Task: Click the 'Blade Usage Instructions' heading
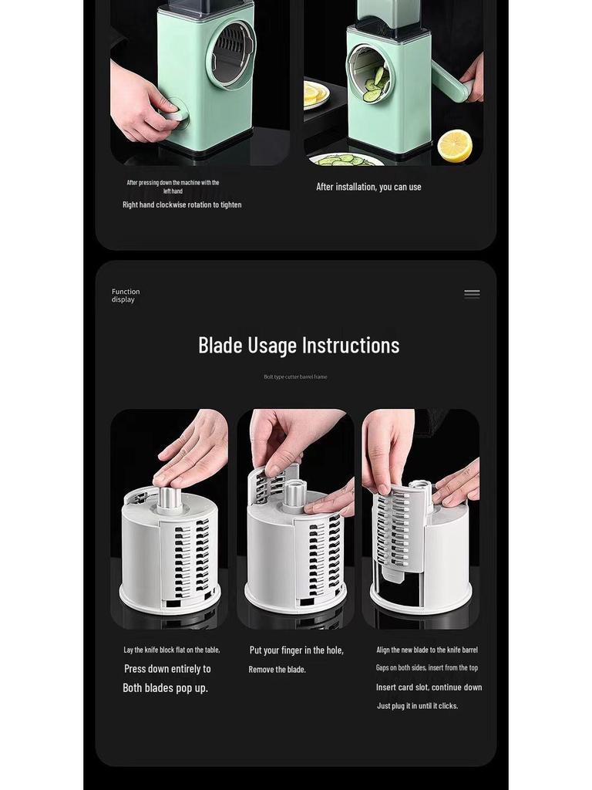[x=298, y=345]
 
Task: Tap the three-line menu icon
[x=472, y=294]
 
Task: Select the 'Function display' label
[x=125, y=295]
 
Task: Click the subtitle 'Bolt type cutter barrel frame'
[x=295, y=376]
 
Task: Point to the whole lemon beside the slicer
[x=455, y=145]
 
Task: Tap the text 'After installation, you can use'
[x=368, y=187]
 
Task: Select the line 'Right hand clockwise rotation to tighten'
[x=182, y=204]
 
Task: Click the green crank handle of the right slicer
[x=449, y=82]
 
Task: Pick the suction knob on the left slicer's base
[x=176, y=114]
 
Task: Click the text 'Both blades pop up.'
[x=165, y=687]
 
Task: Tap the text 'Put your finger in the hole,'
[x=296, y=650]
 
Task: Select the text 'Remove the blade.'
[x=277, y=670]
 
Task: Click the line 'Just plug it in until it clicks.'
[x=417, y=706]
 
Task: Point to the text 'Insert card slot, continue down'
[x=429, y=687]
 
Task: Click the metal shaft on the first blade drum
[x=170, y=499]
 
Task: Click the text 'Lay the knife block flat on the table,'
[x=172, y=650]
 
